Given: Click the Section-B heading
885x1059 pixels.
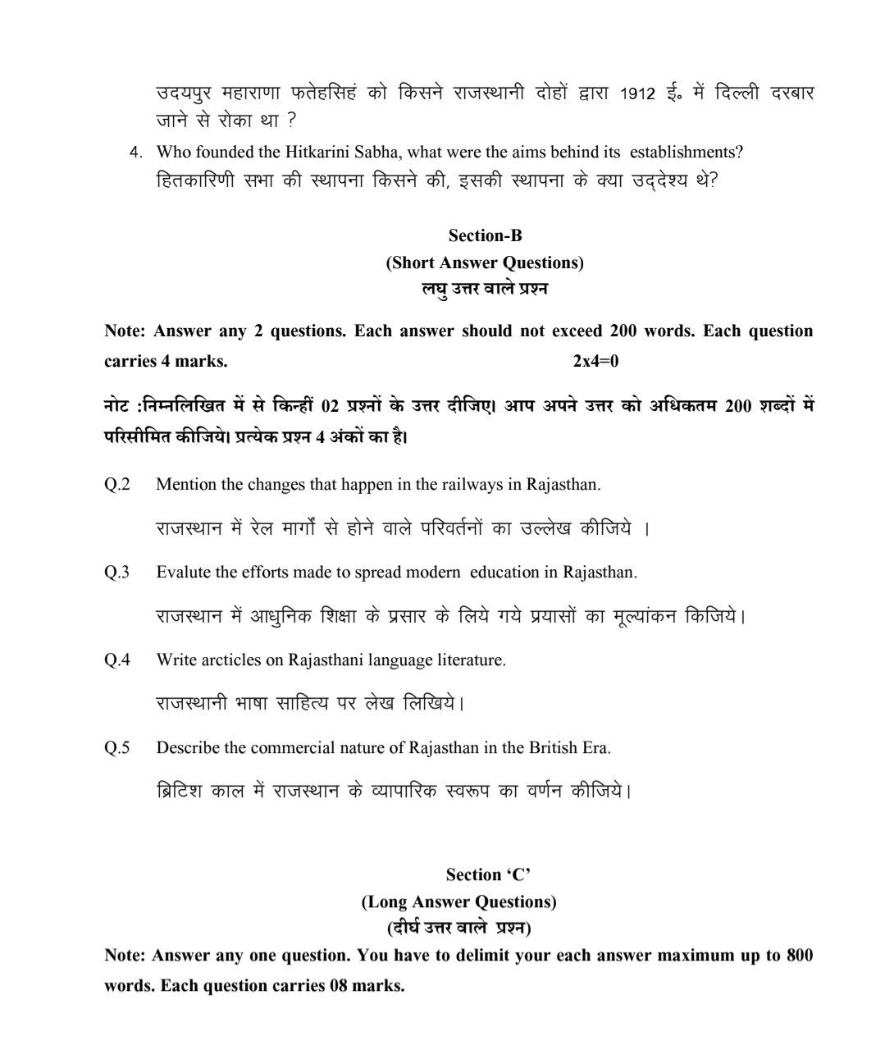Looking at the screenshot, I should pos(485,235).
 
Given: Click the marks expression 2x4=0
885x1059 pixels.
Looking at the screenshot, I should pos(595,361).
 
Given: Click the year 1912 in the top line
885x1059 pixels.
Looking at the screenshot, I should pos(637,94).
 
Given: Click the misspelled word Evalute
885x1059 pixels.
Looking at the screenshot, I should pos(184,572).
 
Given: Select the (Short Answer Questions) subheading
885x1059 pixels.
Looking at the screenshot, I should pos(485,262).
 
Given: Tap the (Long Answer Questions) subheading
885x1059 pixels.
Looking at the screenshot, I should pos(458,902).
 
